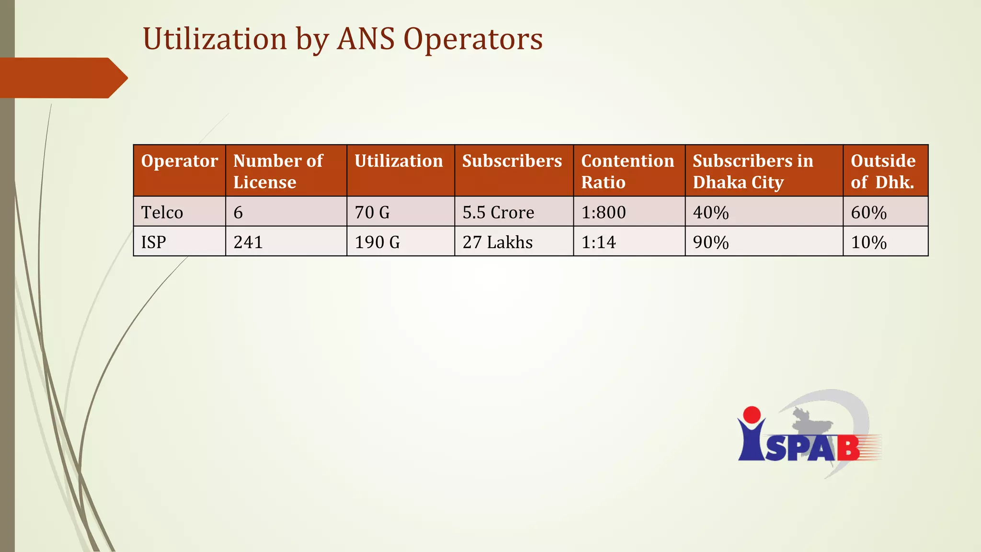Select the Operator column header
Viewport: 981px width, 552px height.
[179, 161]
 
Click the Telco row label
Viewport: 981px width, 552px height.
[162, 212]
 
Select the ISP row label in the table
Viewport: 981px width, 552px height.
[153, 242]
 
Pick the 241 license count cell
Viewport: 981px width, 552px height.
[248, 242]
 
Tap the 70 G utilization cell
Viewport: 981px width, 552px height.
[372, 212]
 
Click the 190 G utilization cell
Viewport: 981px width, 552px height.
[377, 242]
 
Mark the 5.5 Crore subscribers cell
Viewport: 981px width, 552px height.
[498, 212]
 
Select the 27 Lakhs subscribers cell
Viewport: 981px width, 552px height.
[497, 242]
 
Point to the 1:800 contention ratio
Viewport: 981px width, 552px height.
[604, 212]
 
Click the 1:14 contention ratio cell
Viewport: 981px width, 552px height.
[598, 242]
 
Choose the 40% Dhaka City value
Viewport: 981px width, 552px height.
[711, 212]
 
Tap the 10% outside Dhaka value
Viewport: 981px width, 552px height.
[868, 242]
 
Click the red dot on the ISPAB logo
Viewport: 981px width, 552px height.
[752, 415]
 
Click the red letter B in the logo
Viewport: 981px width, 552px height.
[848, 448]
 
